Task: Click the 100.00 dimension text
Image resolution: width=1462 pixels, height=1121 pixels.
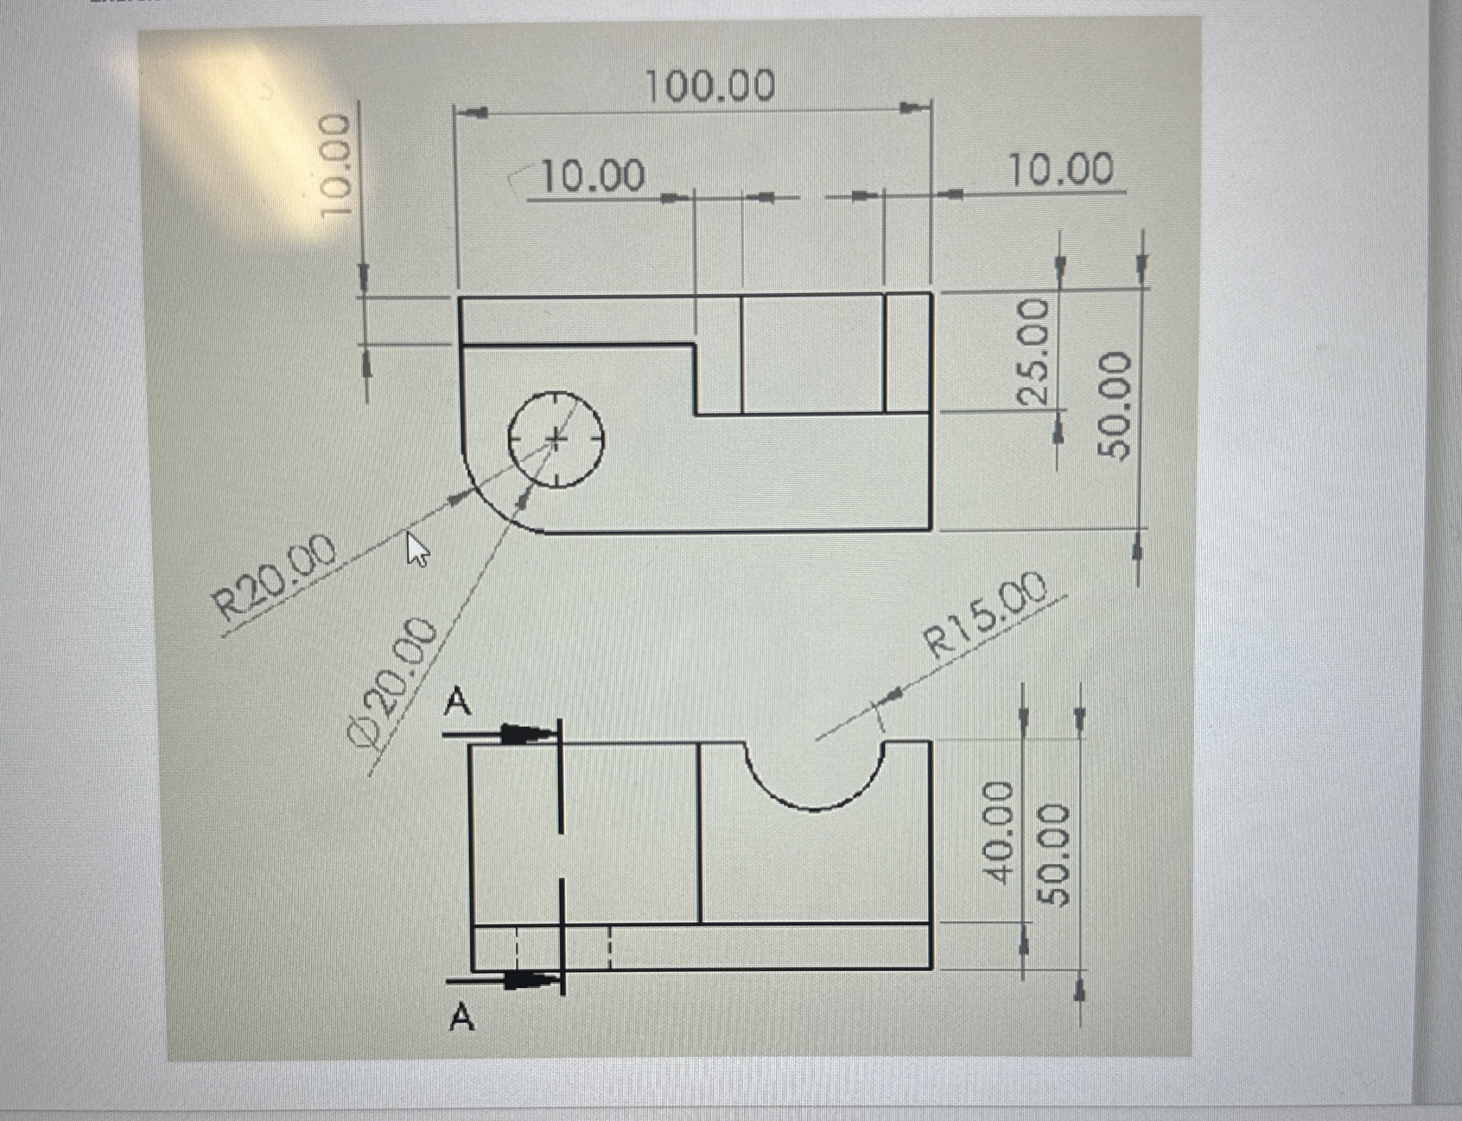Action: (711, 87)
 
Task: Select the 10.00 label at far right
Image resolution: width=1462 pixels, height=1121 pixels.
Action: (1061, 170)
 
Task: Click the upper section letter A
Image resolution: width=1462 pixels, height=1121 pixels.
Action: (459, 702)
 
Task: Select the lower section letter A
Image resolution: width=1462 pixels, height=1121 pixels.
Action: (462, 1018)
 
